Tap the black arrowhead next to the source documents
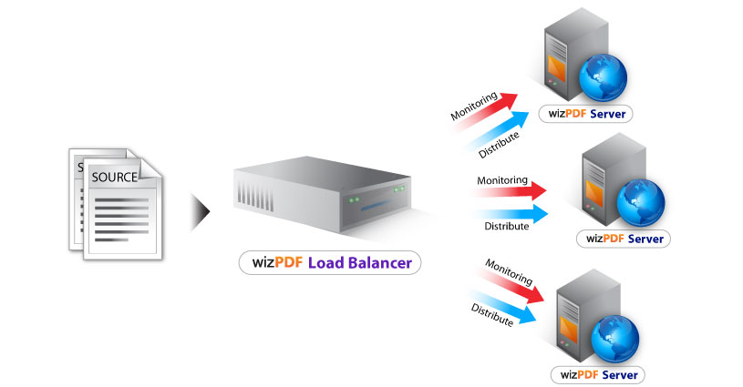[201, 212]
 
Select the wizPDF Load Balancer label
[329, 264]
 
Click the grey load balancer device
[328, 196]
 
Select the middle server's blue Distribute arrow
[511, 215]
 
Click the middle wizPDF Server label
[624, 239]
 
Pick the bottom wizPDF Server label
[598, 374]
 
